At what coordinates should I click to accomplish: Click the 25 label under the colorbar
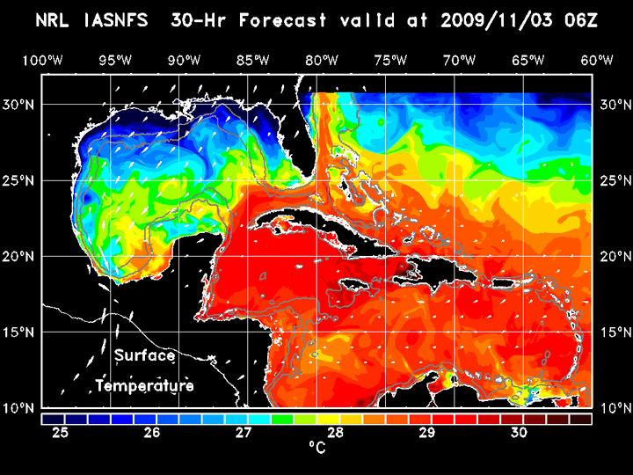click(x=61, y=433)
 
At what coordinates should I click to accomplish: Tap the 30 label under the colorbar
click(x=518, y=433)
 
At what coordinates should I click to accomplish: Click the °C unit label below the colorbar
click(x=316, y=448)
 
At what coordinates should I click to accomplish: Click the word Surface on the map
click(x=144, y=356)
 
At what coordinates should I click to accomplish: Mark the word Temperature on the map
click(x=144, y=385)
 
